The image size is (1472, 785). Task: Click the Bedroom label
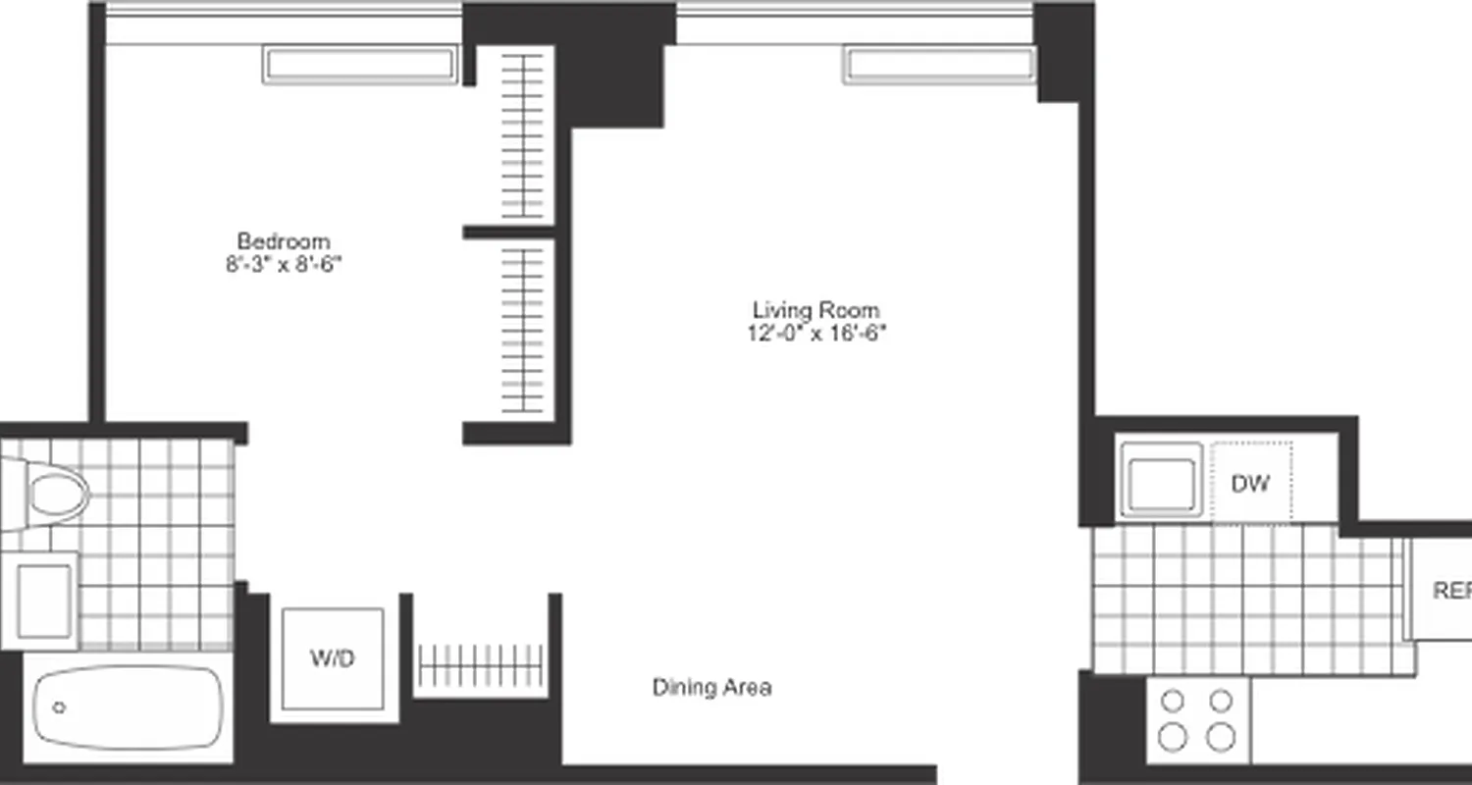[284, 241]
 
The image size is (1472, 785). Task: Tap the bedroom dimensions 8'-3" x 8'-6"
[284, 264]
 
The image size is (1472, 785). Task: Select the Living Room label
[815, 310]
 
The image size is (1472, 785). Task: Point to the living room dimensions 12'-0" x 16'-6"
[815, 333]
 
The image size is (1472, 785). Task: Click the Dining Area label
[711, 688]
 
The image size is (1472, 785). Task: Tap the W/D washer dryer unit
[333, 658]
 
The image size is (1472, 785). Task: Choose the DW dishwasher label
[1250, 483]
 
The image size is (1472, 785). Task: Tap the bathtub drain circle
[59, 707]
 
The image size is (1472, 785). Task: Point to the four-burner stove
[1197, 719]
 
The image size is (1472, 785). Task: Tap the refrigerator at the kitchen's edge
[1443, 590]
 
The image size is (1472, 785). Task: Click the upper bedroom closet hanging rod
[523, 135]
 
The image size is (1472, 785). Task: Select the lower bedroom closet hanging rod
[523, 330]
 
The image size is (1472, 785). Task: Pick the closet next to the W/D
[480, 665]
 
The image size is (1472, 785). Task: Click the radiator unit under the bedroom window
[361, 65]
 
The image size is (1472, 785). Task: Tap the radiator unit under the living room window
[939, 65]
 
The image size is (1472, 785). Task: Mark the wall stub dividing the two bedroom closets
[509, 233]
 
